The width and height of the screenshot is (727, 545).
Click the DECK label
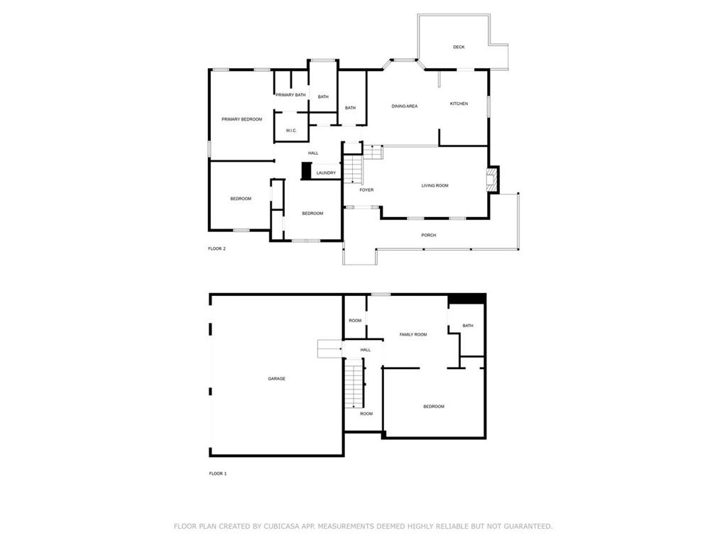(459, 48)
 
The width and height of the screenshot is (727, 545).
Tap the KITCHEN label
(459, 104)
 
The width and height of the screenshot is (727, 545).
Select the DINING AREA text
(404, 106)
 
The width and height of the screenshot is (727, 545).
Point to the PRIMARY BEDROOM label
(241, 119)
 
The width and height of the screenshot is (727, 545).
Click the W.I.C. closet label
(291, 131)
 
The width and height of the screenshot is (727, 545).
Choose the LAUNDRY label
(326, 173)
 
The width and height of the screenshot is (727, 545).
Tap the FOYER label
(366, 190)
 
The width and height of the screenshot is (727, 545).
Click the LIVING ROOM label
(435, 186)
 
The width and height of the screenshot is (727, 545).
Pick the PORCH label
(428, 236)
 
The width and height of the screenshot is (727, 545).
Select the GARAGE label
(276, 379)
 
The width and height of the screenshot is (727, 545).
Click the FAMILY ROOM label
(413, 335)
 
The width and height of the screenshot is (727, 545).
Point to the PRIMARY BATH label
(290, 95)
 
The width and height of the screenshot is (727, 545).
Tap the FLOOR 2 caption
(217, 249)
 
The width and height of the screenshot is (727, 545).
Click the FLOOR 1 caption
(218, 473)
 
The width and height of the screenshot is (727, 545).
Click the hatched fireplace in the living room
(491, 179)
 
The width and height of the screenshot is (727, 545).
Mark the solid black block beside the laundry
(306, 170)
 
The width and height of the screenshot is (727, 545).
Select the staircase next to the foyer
(354, 169)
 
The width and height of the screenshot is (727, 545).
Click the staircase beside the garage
(354, 382)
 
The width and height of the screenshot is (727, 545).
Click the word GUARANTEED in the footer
(528, 527)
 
